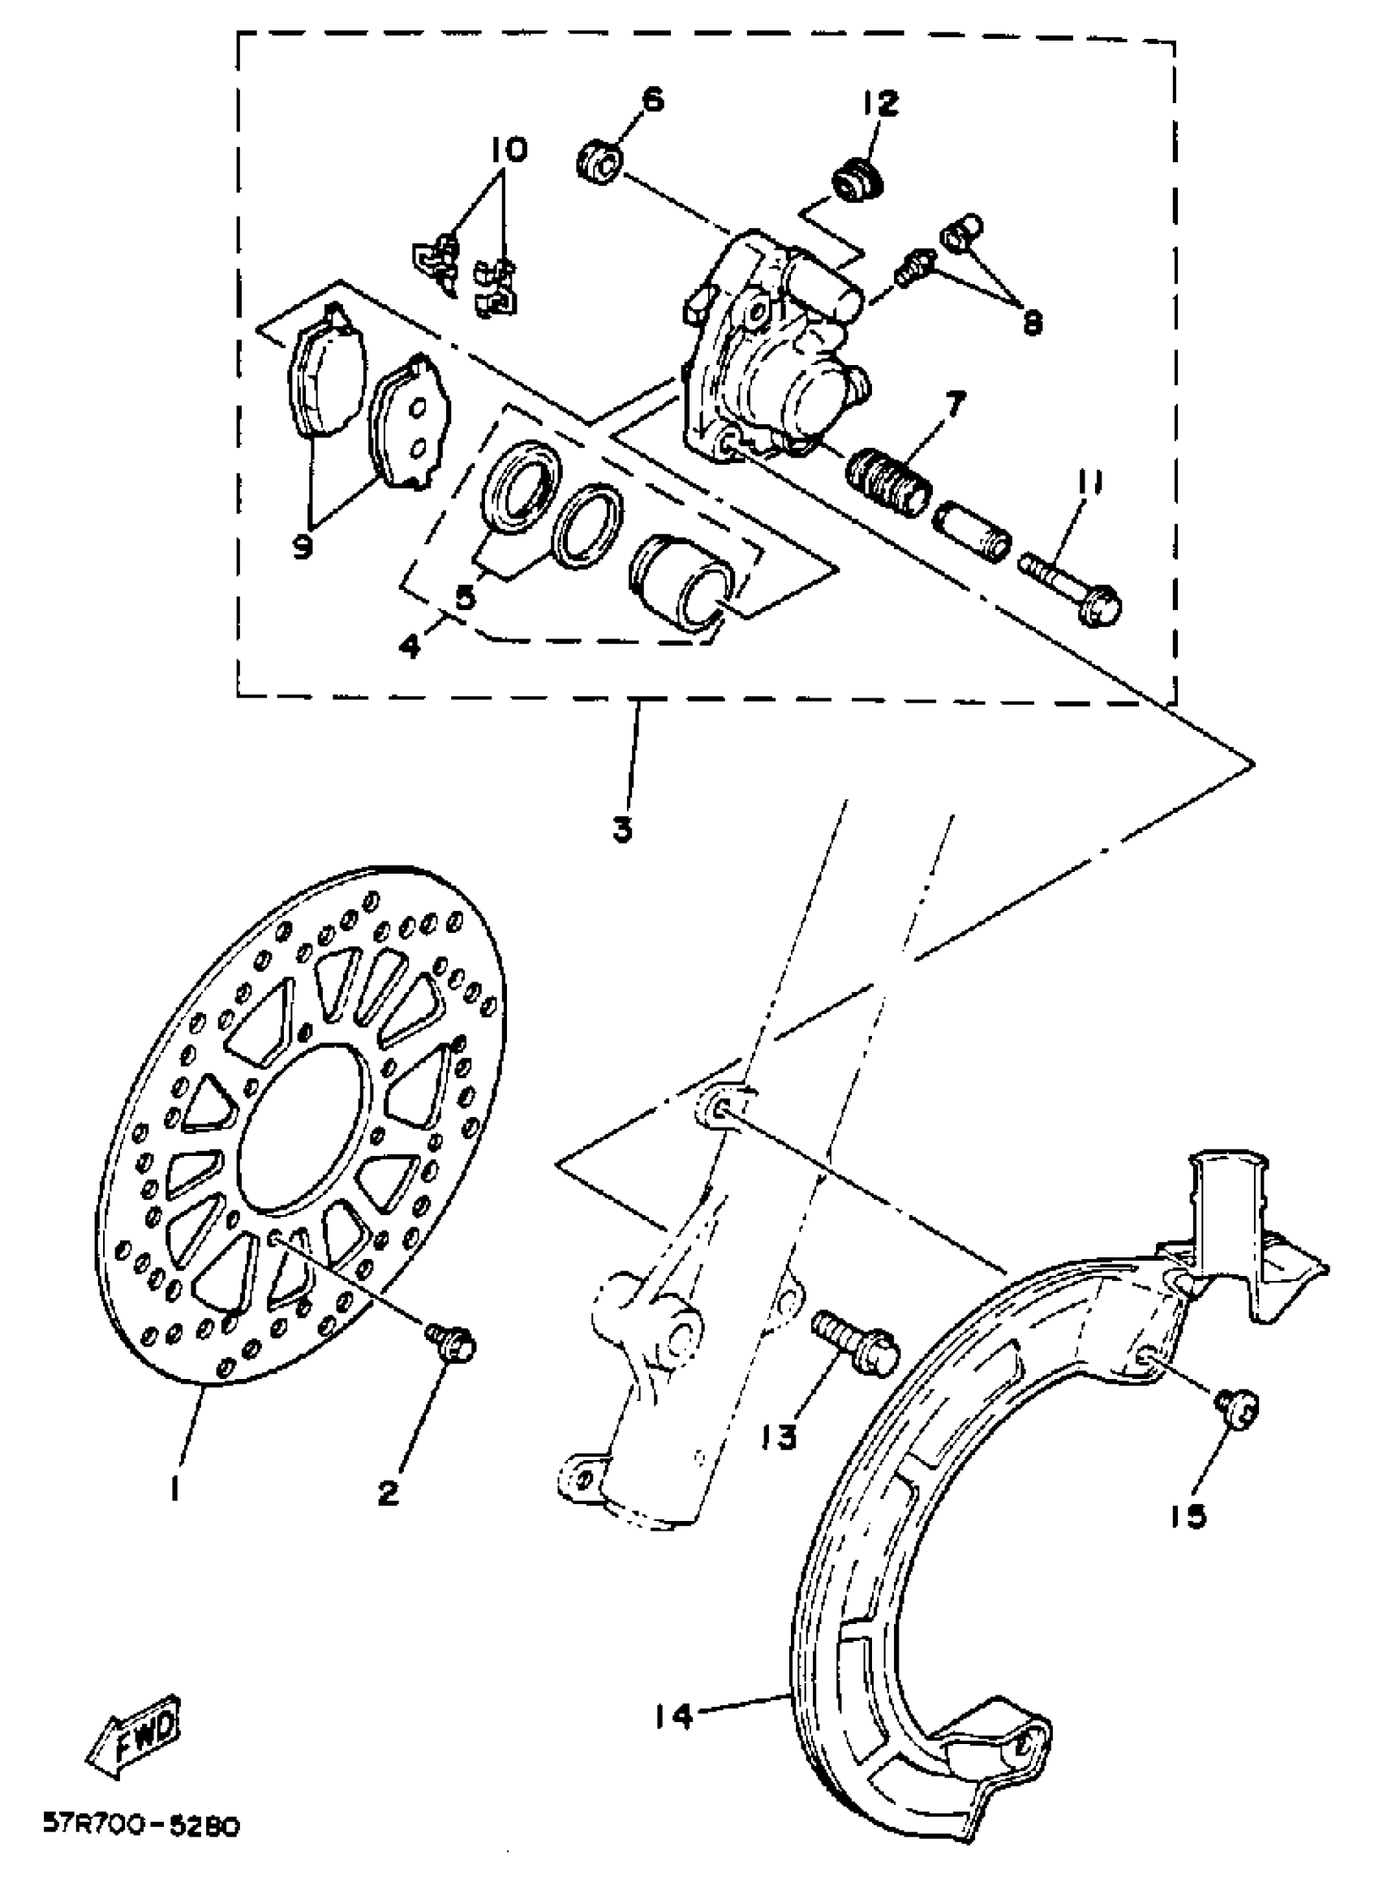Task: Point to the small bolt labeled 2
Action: click(x=453, y=1342)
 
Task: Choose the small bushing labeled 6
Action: click(x=599, y=163)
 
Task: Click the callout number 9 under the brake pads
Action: click(x=303, y=547)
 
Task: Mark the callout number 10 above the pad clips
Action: click(x=509, y=151)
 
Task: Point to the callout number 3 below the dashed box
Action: click(x=623, y=830)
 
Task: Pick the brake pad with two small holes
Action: click(x=410, y=422)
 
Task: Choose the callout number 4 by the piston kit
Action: click(x=410, y=645)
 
